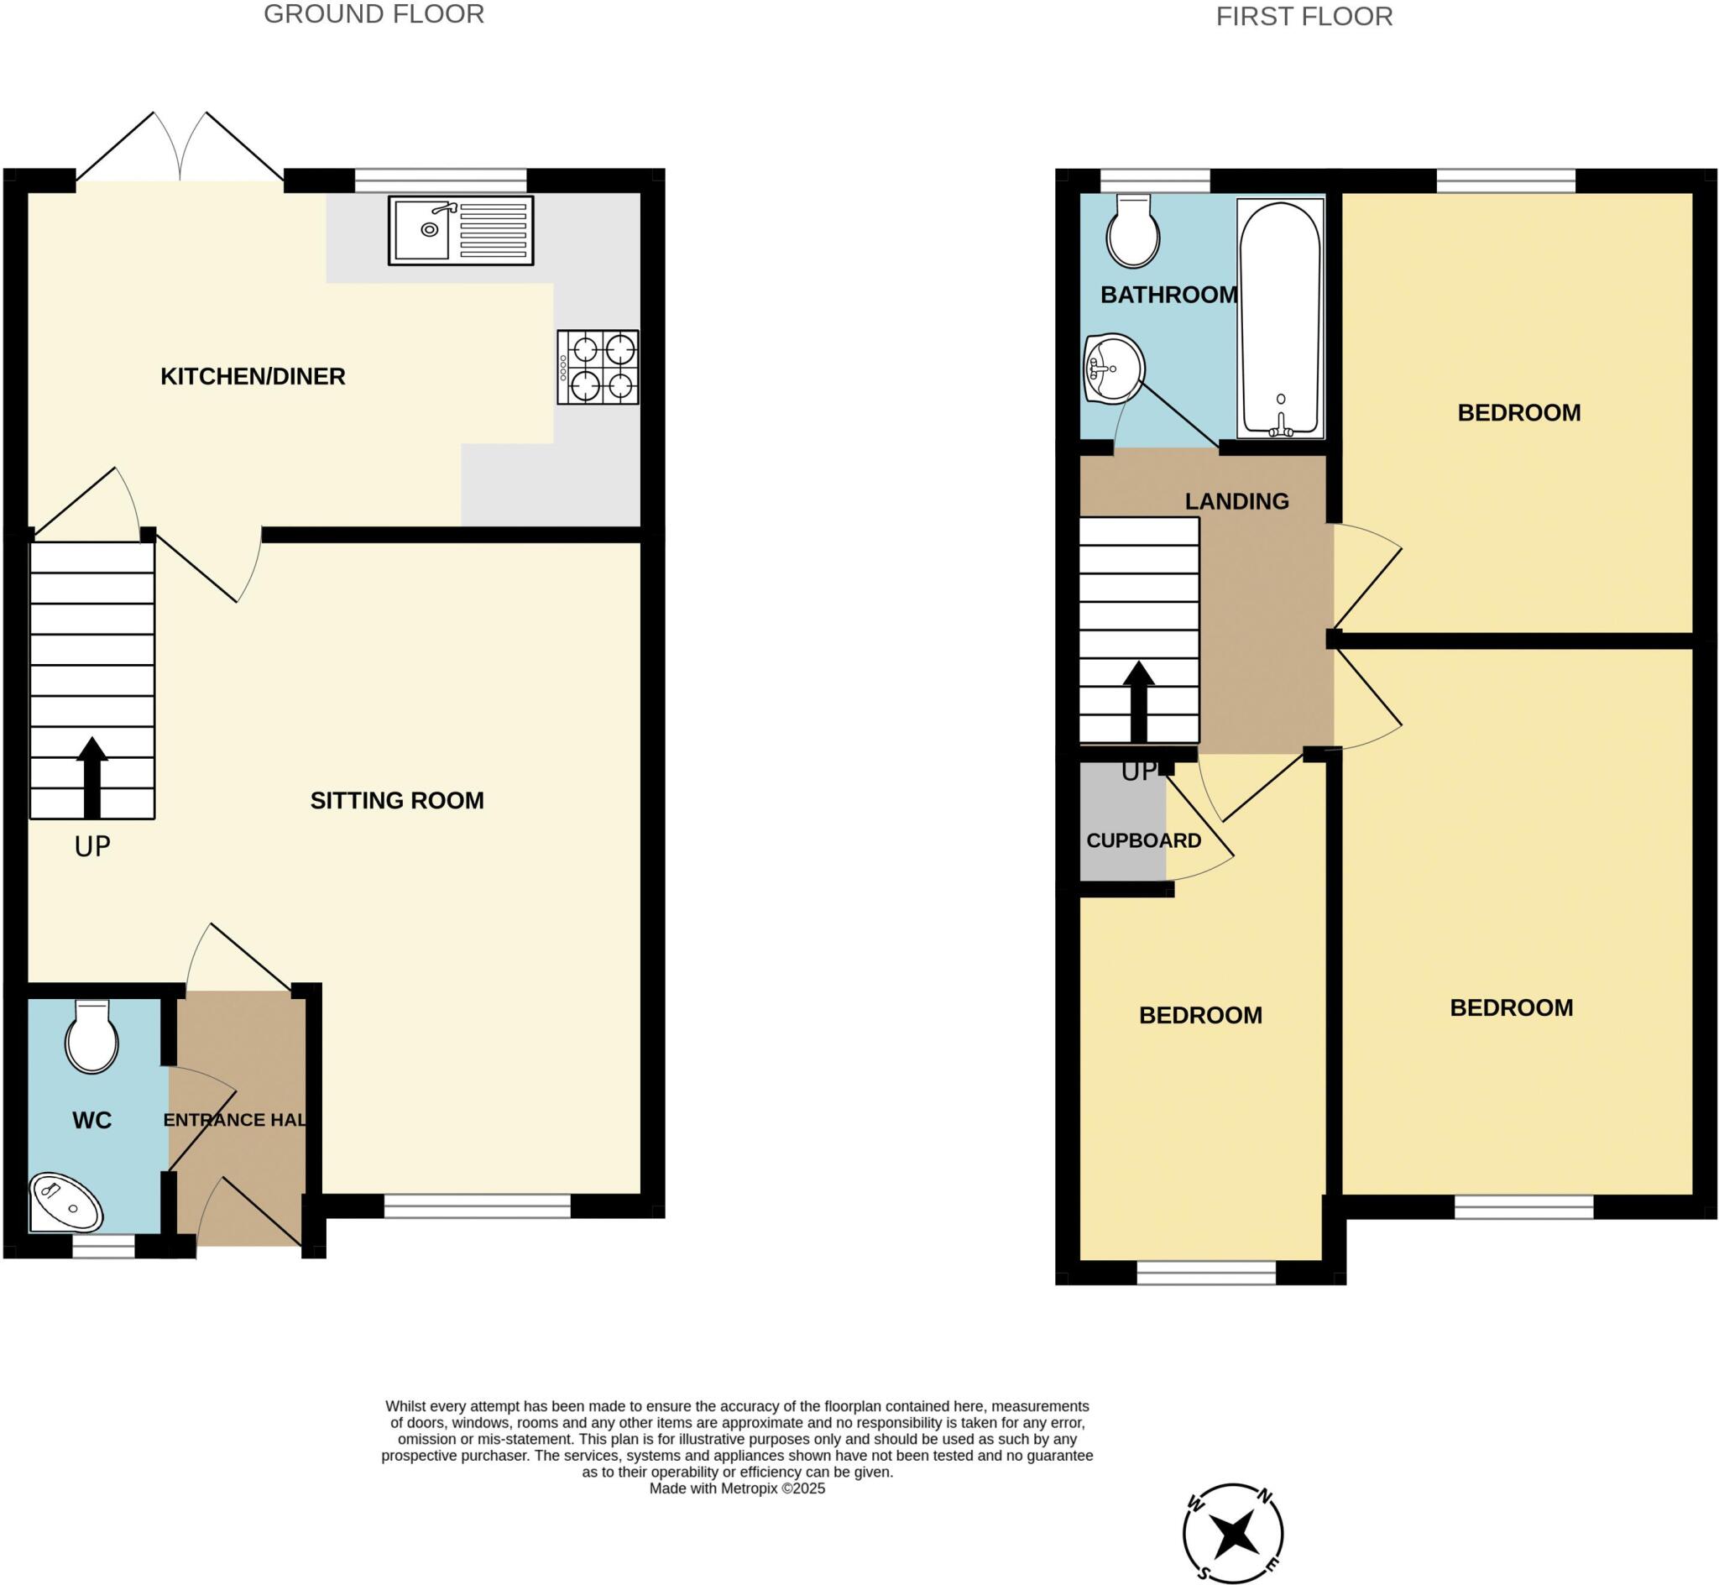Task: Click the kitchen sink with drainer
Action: click(x=461, y=230)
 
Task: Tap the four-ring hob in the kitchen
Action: click(x=598, y=367)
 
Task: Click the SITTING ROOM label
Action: click(x=397, y=800)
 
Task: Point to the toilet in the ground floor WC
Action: click(x=92, y=1038)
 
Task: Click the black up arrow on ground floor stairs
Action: click(x=91, y=777)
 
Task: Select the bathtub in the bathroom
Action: click(x=1280, y=318)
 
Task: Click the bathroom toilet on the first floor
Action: click(x=1133, y=231)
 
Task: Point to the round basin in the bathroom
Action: click(x=1114, y=368)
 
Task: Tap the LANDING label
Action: click(x=1236, y=502)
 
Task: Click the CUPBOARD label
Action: click(x=1143, y=840)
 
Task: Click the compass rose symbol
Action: click(x=1233, y=1533)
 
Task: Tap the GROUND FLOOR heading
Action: click(x=374, y=14)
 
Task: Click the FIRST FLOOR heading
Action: click(x=1304, y=16)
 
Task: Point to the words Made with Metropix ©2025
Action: click(x=736, y=1488)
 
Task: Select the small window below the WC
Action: click(x=103, y=1246)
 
